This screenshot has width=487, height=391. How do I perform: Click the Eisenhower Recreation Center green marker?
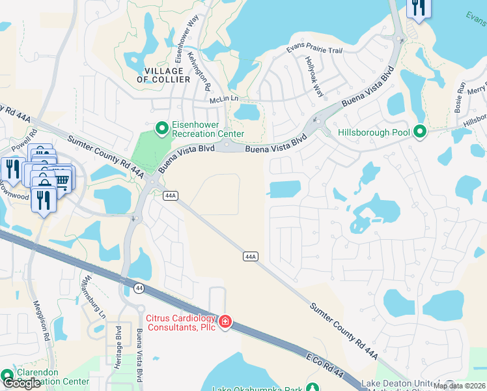pos(161,126)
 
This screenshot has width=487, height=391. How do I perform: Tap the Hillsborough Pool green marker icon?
pos(420,132)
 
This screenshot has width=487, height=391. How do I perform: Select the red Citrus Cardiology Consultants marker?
pos(225,321)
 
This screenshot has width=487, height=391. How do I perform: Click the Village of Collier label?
pos(163,75)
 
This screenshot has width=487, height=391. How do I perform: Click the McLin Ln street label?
pos(225,99)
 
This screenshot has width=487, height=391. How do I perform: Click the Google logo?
pos(22,383)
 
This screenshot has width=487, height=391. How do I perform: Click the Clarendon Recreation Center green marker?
pos(7,376)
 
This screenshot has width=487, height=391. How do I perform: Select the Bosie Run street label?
pos(460,93)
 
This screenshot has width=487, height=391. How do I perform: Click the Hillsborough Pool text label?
pos(374,132)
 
